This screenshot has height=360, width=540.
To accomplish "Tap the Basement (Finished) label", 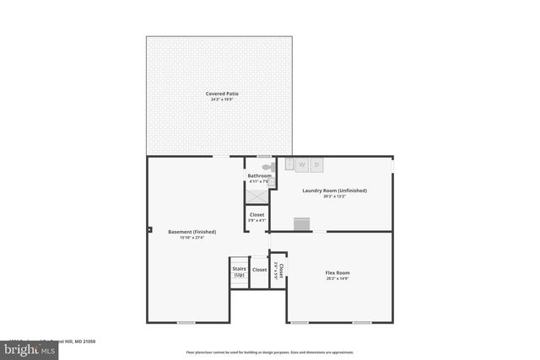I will pos(192,232).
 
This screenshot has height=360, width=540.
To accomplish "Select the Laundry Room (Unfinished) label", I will pos(334,191).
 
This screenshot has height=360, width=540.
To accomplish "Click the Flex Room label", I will pos(337,272).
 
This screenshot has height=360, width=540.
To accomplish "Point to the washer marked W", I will pos(301,164).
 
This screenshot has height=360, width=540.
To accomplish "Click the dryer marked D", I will pos(316,164).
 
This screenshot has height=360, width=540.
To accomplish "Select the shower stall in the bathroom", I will pos(256,193).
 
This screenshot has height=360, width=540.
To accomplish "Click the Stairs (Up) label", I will pos(239,272).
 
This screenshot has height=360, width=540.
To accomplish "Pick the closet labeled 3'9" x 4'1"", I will pos(257,218).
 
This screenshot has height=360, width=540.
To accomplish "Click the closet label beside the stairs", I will pos(259,270).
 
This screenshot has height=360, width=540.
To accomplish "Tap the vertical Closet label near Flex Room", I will pos(281,270).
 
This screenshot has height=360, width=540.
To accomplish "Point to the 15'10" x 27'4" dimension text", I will pos(192,239).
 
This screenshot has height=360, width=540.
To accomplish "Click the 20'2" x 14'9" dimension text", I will pos(337,279).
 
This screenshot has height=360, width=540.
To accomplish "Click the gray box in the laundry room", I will pos(302,223).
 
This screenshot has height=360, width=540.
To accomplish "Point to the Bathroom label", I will pos(259,175).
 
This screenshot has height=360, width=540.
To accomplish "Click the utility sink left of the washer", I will pos(288,163).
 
